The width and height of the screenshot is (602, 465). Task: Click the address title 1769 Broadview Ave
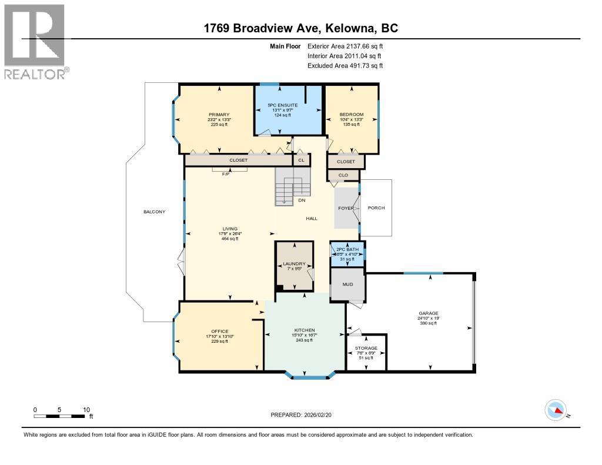(300, 28)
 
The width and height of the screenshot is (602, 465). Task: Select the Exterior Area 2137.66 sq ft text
(345, 46)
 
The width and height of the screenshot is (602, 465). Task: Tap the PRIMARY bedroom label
(219, 115)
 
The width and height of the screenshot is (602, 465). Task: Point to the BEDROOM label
(352, 115)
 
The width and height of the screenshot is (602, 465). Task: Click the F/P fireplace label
(225, 175)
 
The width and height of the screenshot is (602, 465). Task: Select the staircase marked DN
(293, 187)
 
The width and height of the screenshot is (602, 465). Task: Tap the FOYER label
(346, 208)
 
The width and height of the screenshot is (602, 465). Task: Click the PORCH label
(376, 208)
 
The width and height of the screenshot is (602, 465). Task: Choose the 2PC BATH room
(347, 253)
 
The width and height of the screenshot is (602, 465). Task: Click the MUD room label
(347, 285)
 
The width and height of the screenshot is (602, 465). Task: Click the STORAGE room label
(366, 348)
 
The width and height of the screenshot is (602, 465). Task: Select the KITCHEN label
(305, 330)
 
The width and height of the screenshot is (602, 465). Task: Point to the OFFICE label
(220, 332)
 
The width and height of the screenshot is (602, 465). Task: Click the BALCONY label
(154, 212)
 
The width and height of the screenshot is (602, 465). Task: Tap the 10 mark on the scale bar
(86, 410)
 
